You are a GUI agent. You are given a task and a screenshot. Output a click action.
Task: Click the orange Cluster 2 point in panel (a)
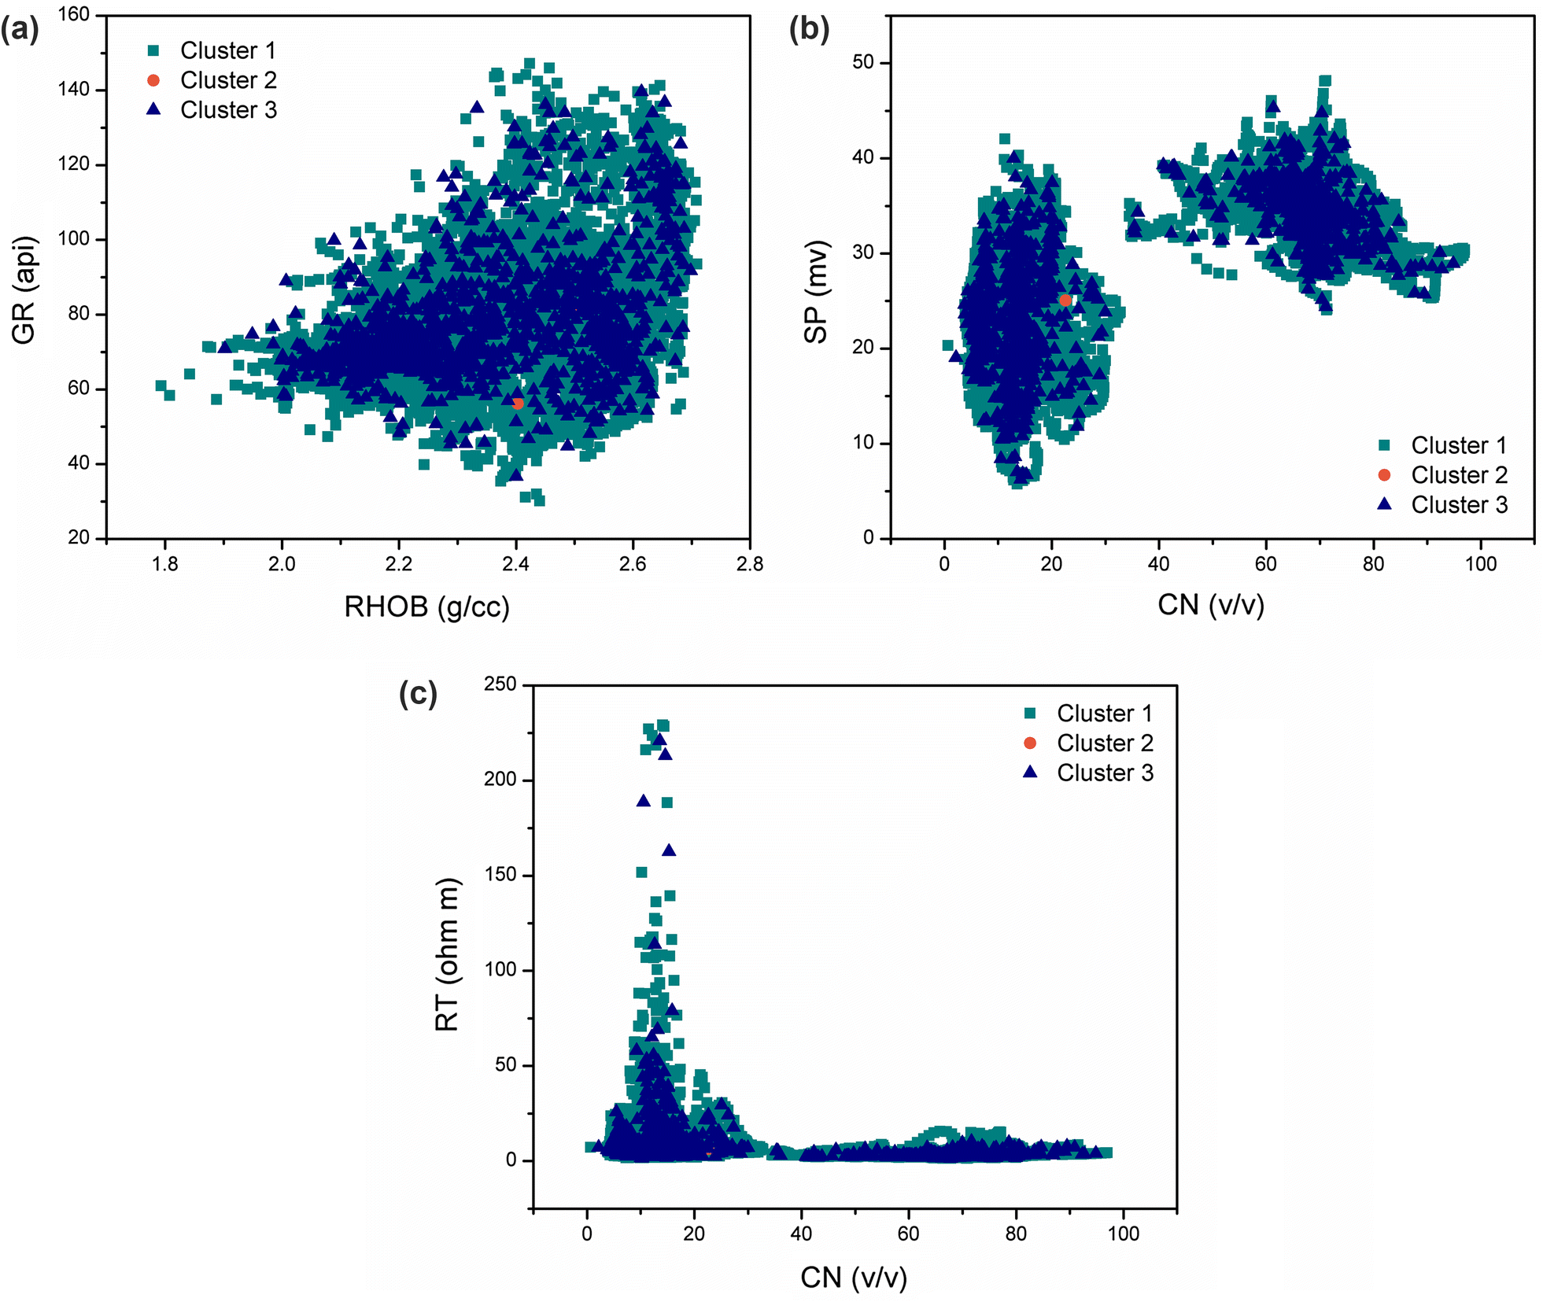coord(518,404)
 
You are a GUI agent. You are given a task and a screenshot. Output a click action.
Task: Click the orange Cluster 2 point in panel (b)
coord(1065,301)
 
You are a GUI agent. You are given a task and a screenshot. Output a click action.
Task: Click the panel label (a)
coord(20,30)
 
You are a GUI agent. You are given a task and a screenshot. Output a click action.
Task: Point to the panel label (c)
coord(418,694)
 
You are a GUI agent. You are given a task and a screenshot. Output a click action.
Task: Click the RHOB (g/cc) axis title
coord(426,607)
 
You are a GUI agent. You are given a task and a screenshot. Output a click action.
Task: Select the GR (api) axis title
coord(24,290)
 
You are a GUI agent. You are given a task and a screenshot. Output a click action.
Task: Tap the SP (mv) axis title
coord(816,292)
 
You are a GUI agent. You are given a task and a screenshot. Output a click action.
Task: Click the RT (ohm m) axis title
coord(447,954)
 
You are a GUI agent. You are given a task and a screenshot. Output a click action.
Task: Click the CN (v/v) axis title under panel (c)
coord(854,1277)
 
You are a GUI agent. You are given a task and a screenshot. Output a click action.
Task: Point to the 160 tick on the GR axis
coord(75,14)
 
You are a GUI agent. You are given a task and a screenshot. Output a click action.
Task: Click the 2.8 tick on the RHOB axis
coord(749,564)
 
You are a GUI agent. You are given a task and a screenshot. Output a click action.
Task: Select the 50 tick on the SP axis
coord(863,62)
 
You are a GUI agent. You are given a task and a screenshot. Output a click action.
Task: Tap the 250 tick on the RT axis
coord(500,684)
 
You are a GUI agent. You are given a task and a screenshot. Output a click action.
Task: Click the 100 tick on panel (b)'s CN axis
coord(1481,564)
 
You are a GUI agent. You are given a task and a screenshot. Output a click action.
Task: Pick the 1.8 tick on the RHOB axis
coord(165,564)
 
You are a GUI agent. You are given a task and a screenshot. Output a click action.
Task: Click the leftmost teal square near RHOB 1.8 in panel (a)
coord(161,385)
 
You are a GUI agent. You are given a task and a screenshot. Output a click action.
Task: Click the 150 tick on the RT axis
coord(500,874)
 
